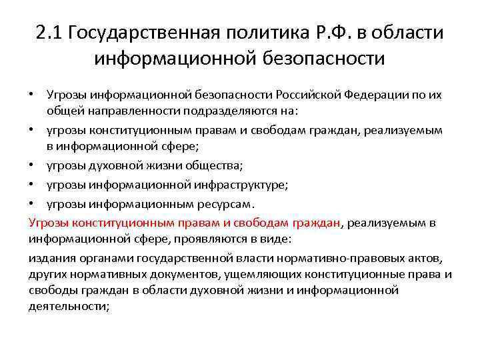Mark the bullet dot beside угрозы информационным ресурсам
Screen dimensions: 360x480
pos(33,204)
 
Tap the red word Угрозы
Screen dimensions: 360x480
pos(49,222)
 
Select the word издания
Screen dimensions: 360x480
pos(50,257)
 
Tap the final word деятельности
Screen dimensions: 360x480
pos(68,306)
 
